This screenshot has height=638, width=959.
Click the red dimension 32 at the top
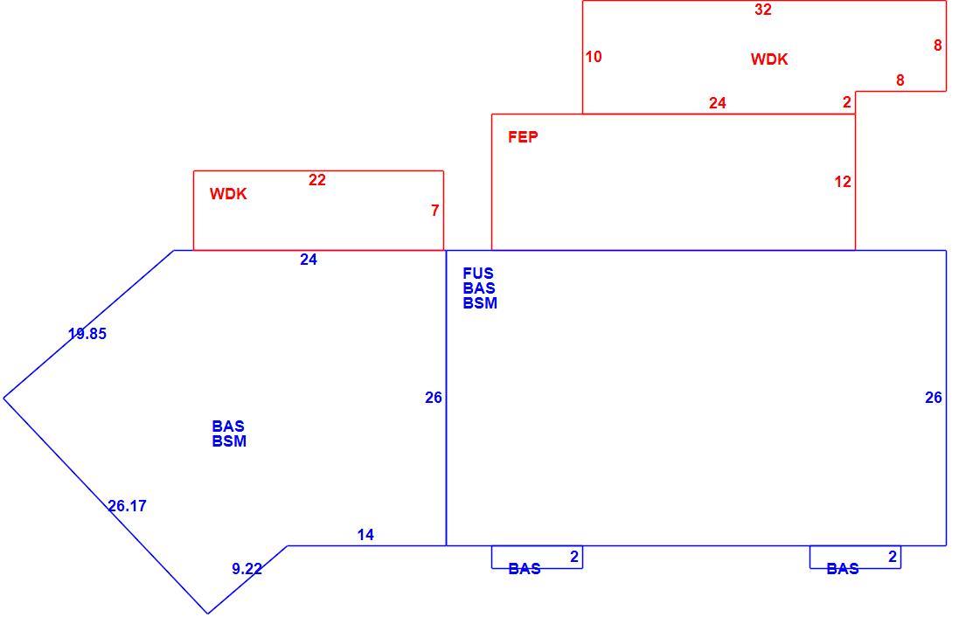[x=762, y=9]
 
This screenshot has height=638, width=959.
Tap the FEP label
[x=523, y=137]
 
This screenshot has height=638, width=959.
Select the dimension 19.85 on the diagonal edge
[x=87, y=334]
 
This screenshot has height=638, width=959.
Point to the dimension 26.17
[x=128, y=507]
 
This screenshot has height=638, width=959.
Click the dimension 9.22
[x=247, y=569]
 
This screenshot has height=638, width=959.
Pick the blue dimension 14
[x=365, y=535]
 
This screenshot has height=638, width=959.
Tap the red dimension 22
[x=316, y=180]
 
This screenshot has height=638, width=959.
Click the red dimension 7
[x=434, y=211]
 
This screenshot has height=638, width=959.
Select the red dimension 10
[x=594, y=57]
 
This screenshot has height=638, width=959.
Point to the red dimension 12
[x=843, y=182]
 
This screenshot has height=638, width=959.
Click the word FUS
[x=478, y=274]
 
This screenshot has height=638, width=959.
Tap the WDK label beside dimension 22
[x=228, y=194]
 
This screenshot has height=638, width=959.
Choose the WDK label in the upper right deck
[x=769, y=59]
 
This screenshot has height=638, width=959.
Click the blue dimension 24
[x=309, y=260]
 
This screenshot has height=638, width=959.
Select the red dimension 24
[x=718, y=103]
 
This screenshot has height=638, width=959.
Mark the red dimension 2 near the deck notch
[x=846, y=102]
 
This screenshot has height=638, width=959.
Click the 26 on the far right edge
[x=934, y=399]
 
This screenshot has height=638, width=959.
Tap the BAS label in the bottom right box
[x=843, y=570]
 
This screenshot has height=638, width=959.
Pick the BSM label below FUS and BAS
[x=480, y=303]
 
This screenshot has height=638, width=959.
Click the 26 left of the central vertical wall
[x=434, y=399]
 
